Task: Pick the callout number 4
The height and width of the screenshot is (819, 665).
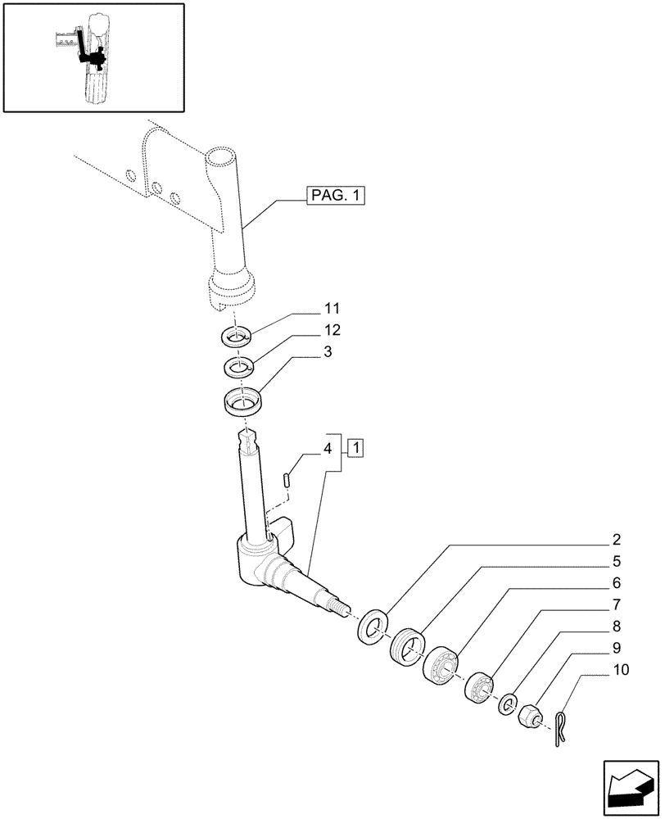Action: (328, 448)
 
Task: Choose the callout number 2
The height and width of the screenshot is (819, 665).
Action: (616, 540)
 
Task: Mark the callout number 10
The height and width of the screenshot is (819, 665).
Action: (620, 669)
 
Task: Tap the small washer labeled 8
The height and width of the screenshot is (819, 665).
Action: (508, 702)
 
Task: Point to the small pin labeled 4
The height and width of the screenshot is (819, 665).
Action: (287, 480)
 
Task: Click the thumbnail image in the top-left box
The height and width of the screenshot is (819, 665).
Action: (92, 57)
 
